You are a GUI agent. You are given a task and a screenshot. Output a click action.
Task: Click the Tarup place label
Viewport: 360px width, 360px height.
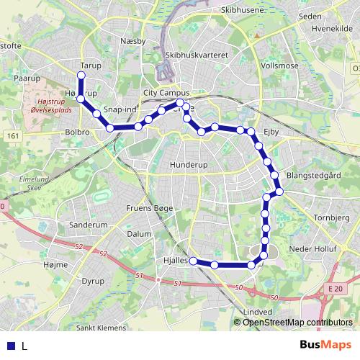pyautogui.click(x=91, y=65)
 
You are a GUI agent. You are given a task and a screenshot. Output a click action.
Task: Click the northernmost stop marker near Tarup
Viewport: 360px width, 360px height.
pyautogui.click(x=81, y=75)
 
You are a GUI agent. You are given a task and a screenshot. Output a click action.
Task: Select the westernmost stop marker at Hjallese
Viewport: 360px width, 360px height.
pyautogui.click(x=193, y=261)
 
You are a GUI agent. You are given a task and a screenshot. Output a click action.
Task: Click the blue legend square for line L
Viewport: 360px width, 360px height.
pyautogui.click(x=12, y=346)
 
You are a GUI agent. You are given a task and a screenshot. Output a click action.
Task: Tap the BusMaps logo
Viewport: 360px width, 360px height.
pyautogui.click(x=325, y=346)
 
